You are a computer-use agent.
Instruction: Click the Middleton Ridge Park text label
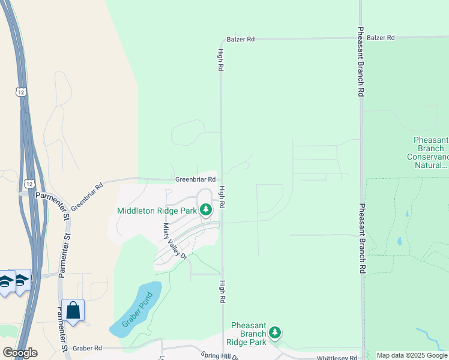coord(157,211)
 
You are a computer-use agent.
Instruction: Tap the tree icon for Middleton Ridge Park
coord(206,210)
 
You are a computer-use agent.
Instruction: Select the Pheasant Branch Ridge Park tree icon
coord(275,332)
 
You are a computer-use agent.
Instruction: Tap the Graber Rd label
coord(88,347)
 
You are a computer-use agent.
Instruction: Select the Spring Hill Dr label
coord(220,356)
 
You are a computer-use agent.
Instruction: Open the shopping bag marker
coord(73,311)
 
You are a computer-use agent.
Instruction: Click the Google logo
coord(20,353)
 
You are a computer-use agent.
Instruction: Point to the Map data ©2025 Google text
coord(412,355)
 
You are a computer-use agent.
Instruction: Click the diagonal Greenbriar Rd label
coord(88,196)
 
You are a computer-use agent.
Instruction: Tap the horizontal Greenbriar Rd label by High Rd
coord(195,179)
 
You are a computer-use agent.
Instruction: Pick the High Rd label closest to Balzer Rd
coord(221,60)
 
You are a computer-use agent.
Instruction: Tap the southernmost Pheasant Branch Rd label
coord(362,239)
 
